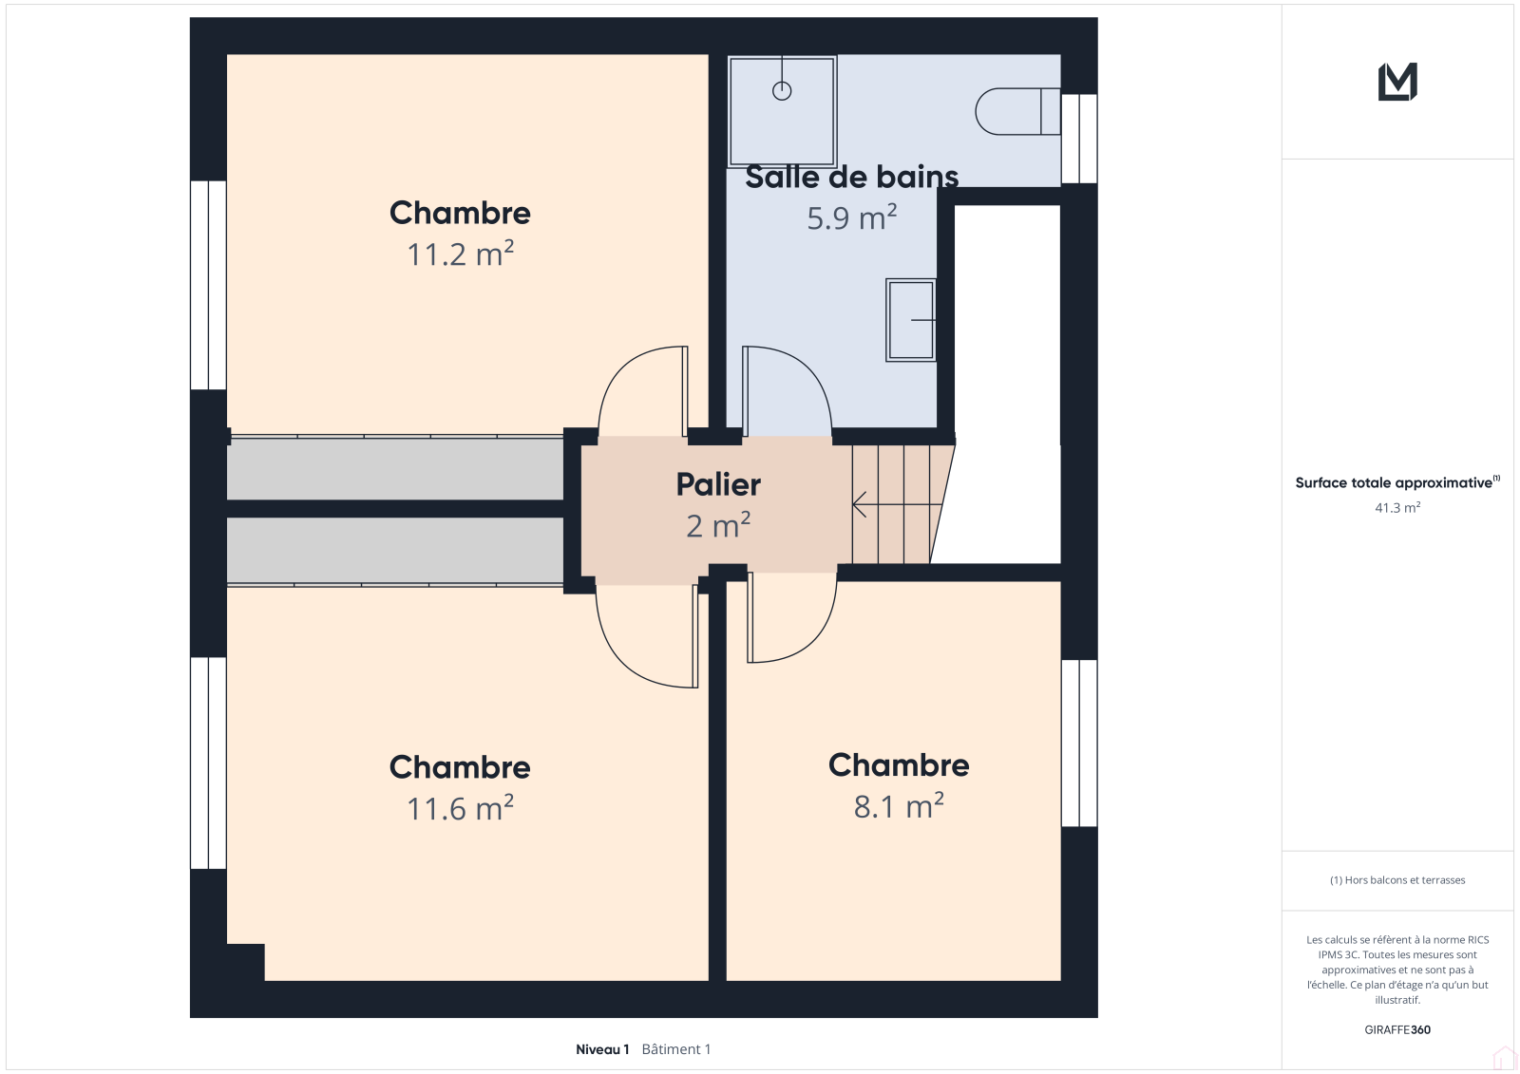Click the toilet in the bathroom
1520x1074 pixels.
coord(1017,111)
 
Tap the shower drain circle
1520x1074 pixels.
coord(782,90)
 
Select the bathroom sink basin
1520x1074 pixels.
coord(911,320)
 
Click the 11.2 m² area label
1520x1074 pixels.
coord(460,254)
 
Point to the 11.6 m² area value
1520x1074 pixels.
coord(460,809)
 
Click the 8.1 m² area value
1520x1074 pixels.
coord(899,806)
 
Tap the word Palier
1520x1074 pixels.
coord(718,484)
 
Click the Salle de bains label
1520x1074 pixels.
coord(851,177)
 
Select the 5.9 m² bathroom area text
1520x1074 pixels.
coord(851,217)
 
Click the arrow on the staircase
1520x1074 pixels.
coord(897,505)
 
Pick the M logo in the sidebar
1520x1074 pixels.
coord(1397,82)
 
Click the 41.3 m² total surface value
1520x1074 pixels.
coord(1397,507)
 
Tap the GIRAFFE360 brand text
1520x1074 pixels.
coord(1397,1029)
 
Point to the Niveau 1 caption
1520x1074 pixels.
coord(602,1049)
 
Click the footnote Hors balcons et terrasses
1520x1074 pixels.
coord(1397,880)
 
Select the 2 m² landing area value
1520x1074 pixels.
coord(718,526)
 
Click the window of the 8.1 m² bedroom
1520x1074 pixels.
coord(1079,743)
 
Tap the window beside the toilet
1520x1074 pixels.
coord(1079,139)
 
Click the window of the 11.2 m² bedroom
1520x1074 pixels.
coord(208,285)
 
